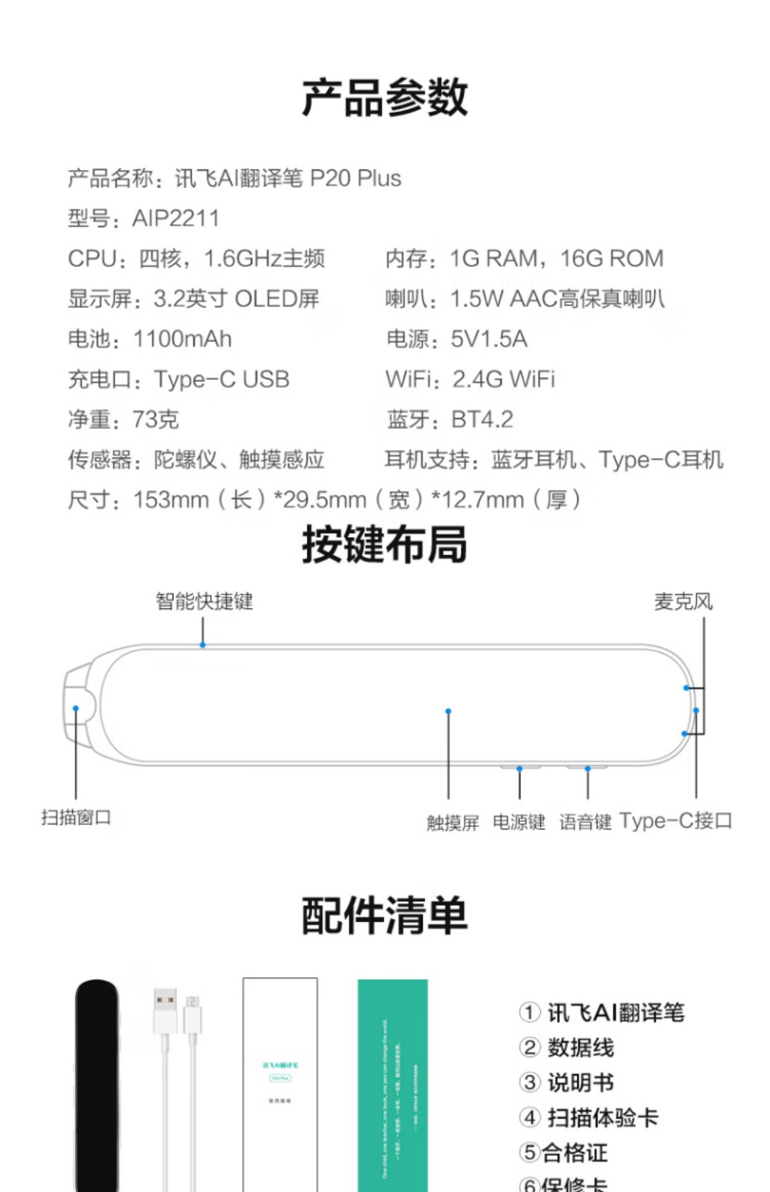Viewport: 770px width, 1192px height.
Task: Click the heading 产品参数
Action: (x=384, y=97)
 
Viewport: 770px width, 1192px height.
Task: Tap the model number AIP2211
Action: (x=176, y=219)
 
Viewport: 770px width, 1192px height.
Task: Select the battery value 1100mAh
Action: (x=182, y=339)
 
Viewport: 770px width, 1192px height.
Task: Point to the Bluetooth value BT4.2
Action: (x=482, y=420)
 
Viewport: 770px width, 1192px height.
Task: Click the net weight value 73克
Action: (x=155, y=420)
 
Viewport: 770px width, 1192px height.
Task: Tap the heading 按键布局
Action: (x=384, y=544)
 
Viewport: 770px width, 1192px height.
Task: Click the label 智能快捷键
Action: (x=204, y=601)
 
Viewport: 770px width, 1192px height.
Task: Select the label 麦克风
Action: (x=683, y=601)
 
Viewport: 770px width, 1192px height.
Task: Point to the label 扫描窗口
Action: (x=76, y=817)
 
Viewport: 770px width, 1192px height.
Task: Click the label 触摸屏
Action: (x=453, y=823)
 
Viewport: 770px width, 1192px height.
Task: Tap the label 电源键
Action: (x=519, y=822)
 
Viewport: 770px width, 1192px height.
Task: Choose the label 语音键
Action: (x=585, y=822)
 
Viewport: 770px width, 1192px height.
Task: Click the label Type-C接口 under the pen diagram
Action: (x=676, y=821)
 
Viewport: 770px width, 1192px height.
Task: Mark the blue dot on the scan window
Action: (x=76, y=708)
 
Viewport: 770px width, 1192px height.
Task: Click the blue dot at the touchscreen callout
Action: (x=448, y=711)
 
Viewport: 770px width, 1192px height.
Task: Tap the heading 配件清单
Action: (x=384, y=916)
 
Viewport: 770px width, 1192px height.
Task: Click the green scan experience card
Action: (x=392, y=1083)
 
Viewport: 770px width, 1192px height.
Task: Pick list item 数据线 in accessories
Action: (x=580, y=1048)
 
